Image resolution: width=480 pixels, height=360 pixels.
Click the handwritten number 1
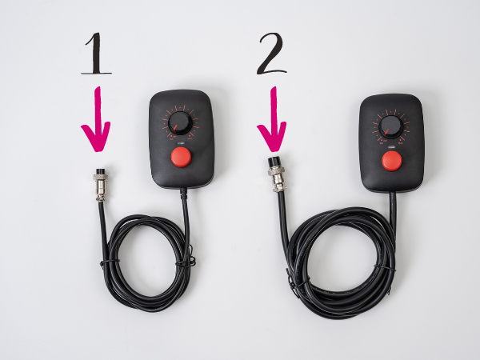[96, 54]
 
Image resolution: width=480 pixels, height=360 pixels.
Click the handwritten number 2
[272, 54]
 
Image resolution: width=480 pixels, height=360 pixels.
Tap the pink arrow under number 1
[96, 119]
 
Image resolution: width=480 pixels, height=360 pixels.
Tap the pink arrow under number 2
[272, 119]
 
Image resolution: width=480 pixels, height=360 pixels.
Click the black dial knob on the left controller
[180, 123]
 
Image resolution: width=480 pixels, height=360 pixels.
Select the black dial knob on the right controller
[390, 126]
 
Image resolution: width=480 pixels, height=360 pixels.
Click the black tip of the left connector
[100, 171]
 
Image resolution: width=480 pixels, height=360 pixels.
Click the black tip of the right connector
[274, 162]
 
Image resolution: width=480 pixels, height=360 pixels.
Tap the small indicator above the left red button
[181, 142]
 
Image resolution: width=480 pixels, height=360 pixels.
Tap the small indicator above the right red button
[391, 146]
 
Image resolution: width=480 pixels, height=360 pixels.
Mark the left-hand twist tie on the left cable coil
[108, 262]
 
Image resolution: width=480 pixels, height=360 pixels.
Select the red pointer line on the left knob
[175, 127]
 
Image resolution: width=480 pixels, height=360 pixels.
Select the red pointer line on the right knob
[386, 132]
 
